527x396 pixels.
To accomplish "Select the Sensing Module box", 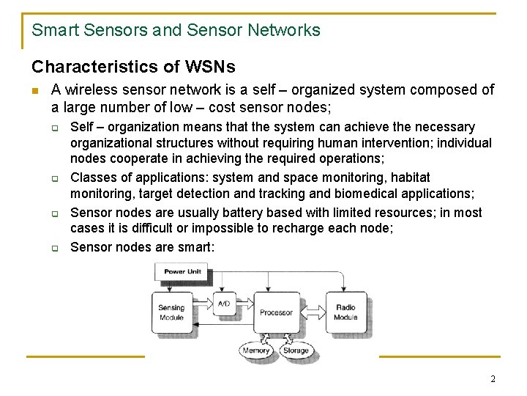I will (x=171, y=312).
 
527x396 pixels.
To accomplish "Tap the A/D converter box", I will (x=223, y=303).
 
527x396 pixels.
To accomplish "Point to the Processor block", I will (x=276, y=312).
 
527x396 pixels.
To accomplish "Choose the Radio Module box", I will (x=345, y=312).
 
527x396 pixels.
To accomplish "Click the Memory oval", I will (x=255, y=351).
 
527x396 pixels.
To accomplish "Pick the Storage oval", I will (x=296, y=351).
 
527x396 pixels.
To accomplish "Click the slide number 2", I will (x=493, y=379).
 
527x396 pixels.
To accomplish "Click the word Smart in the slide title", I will (x=56, y=30).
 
